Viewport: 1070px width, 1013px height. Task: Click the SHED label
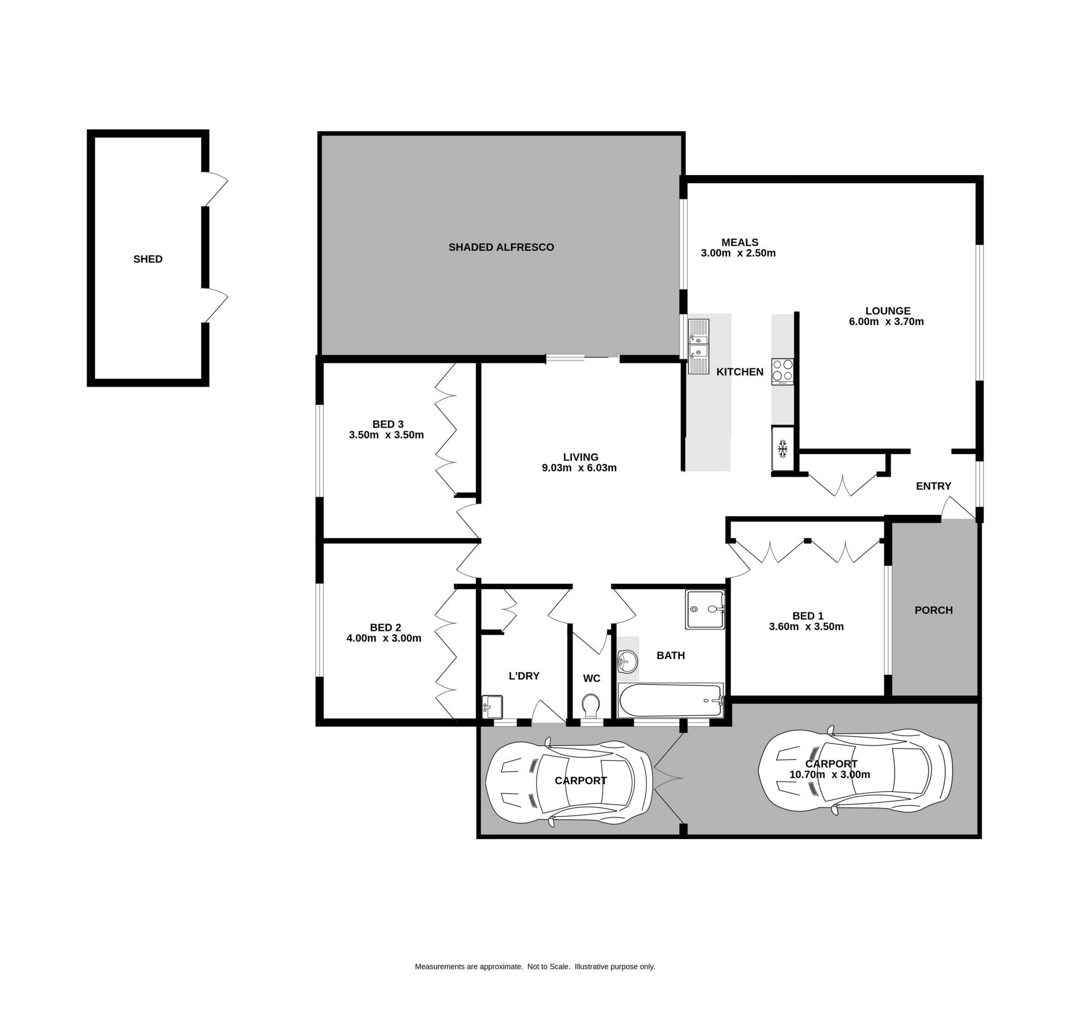(x=148, y=259)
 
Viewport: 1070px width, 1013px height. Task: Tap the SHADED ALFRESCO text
(x=501, y=247)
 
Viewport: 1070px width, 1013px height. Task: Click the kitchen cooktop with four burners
(x=782, y=372)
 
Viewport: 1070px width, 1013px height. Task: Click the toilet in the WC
(x=590, y=706)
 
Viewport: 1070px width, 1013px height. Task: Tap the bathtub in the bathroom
(x=670, y=700)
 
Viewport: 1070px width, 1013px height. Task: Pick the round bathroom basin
(x=628, y=663)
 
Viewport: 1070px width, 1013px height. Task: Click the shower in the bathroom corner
(x=706, y=610)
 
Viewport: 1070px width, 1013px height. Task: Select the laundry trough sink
(x=492, y=707)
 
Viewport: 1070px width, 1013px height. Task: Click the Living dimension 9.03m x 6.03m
(x=580, y=468)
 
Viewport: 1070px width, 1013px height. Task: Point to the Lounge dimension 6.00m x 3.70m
(x=886, y=322)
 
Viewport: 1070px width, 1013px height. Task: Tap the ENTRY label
(x=933, y=486)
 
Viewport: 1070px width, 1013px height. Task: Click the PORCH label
(x=933, y=611)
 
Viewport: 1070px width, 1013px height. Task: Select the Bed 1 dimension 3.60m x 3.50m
(x=806, y=627)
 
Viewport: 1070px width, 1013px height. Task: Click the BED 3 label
(x=388, y=425)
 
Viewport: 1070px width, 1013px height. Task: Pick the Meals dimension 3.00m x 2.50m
(x=738, y=253)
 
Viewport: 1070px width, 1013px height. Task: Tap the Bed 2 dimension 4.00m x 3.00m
(x=384, y=639)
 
